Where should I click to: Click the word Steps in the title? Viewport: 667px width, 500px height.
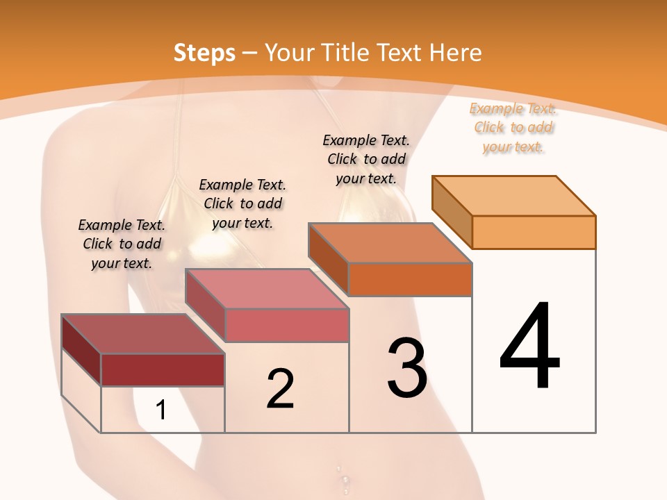[204, 53]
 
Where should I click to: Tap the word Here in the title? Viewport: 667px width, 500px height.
[455, 53]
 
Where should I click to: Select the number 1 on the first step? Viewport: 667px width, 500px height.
[160, 410]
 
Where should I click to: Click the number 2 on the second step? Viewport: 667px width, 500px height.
[280, 388]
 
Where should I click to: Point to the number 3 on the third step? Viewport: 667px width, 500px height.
[407, 368]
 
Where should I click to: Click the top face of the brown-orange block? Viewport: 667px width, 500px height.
[390, 243]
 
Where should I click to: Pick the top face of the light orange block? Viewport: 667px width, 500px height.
[513, 195]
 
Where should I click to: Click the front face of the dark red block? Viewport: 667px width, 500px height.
[163, 369]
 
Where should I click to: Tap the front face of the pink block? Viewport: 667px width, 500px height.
[286, 325]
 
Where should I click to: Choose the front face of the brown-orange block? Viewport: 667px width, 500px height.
[410, 279]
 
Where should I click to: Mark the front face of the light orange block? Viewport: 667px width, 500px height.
[534, 232]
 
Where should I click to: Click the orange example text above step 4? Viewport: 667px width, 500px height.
[513, 127]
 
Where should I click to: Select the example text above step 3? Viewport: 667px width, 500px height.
[366, 159]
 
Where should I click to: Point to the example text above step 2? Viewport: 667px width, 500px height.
[242, 203]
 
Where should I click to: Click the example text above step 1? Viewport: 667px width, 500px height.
[122, 244]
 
